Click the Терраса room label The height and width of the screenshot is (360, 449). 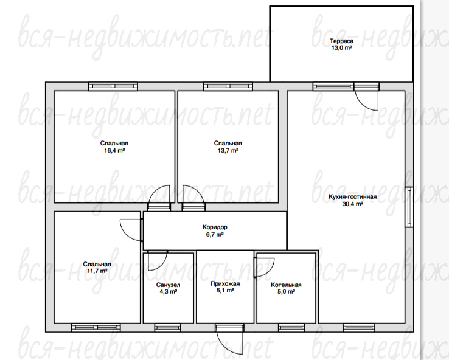[342, 41]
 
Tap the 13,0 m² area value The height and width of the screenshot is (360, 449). [342, 48]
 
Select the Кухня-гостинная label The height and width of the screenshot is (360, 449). [352, 197]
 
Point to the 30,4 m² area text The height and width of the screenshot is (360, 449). [352, 204]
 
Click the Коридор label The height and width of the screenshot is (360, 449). [215, 227]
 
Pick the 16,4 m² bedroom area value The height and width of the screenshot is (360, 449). [114, 150]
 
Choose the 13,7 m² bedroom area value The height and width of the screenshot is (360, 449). [228, 150]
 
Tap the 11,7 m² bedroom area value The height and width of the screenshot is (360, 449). [97, 271]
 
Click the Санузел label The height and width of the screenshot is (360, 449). [168, 285]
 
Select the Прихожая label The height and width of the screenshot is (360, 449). [225, 284]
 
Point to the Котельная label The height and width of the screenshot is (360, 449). [286, 285]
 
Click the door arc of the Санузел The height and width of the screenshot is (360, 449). [162, 264]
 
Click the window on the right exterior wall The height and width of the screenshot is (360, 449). [409, 207]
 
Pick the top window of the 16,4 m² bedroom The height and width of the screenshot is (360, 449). [113, 86]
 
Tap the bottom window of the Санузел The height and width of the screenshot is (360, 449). [168, 327]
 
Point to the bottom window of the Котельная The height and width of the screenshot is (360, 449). [291, 327]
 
